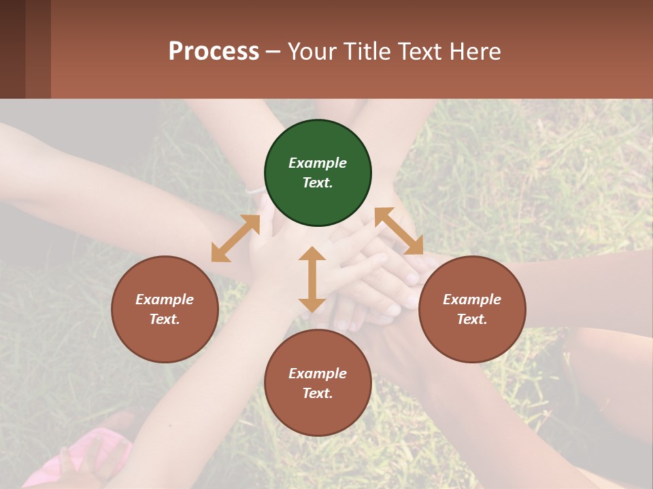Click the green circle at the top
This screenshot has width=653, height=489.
click(x=318, y=173)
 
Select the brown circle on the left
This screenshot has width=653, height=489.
click(x=165, y=310)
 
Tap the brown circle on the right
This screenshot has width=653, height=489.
click(x=471, y=310)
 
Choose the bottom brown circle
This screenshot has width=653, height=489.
click(x=318, y=383)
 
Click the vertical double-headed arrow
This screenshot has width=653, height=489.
click(x=312, y=279)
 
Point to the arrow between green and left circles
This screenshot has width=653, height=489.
click(x=235, y=238)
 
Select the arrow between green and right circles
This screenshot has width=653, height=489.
click(x=399, y=231)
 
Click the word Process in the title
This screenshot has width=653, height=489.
click(x=214, y=51)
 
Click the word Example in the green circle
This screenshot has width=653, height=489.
click(x=318, y=163)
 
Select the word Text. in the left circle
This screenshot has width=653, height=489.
click(x=165, y=319)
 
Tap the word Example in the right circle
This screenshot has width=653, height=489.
click(x=471, y=300)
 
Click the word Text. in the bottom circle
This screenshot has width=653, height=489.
click(x=318, y=393)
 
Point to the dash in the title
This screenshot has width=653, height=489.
click(x=273, y=52)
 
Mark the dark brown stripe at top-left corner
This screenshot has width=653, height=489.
click(x=12, y=49)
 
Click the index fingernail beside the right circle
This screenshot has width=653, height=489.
click(x=412, y=278)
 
